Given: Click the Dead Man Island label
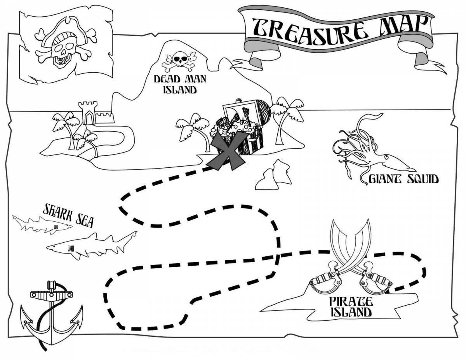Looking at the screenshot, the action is [x=180, y=84].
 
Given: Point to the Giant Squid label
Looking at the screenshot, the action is [x=403, y=179].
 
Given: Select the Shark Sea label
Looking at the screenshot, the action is [x=68, y=215].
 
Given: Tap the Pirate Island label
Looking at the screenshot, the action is [x=351, y=307].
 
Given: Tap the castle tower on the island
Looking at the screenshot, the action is [x=88, y=113].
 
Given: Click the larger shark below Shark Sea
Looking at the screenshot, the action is [x=92, y=245].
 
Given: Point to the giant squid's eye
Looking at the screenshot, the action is [x=386, y=158].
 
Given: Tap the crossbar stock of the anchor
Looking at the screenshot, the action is [x=52, y=295].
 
